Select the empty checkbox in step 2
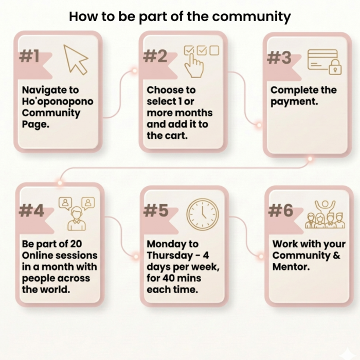(x=214, y=50)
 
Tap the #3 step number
(x=279, y=58)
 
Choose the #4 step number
(x=31, y=210)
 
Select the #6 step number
(x=281, y=210)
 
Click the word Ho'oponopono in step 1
(x=58, y=101)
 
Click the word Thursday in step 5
(x=170, y=256)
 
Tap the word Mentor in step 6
(x=290, y=267)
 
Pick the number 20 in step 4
(x=76, y=244)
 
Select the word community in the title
(x=251, y=17)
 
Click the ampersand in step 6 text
(x=337, y=255)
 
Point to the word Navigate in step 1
(x=42, y=90)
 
